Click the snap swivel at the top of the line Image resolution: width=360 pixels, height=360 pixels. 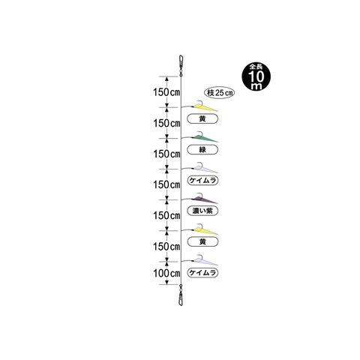point(181,64)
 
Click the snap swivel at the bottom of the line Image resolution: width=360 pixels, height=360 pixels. point(181,295)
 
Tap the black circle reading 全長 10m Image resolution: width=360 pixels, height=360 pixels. point(256,76)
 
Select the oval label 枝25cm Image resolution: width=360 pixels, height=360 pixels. point(220,93)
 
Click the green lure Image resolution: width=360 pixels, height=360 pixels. point(204,138)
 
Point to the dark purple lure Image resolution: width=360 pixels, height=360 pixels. point(204,199)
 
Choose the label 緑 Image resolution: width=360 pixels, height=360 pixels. point(202,149)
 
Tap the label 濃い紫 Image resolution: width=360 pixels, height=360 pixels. point(202,211)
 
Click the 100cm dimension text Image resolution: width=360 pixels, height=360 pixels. point(166,273)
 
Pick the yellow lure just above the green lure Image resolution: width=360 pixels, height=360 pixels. point(204,107)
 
